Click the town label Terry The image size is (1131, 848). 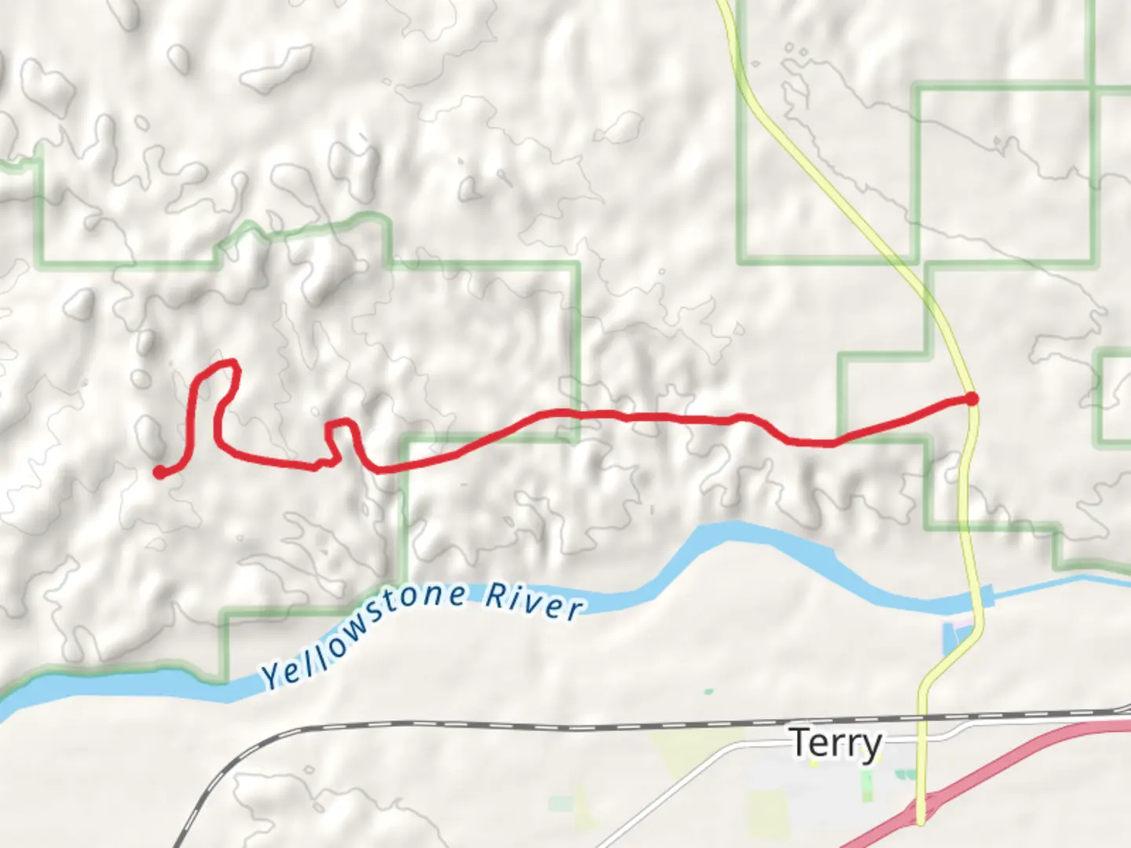836,743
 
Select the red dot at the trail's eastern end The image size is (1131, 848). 972,399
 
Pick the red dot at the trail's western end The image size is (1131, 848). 159,472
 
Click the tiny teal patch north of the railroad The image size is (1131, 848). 709,692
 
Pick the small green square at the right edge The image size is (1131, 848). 1115,398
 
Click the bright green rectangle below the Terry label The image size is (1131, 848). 866,785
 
